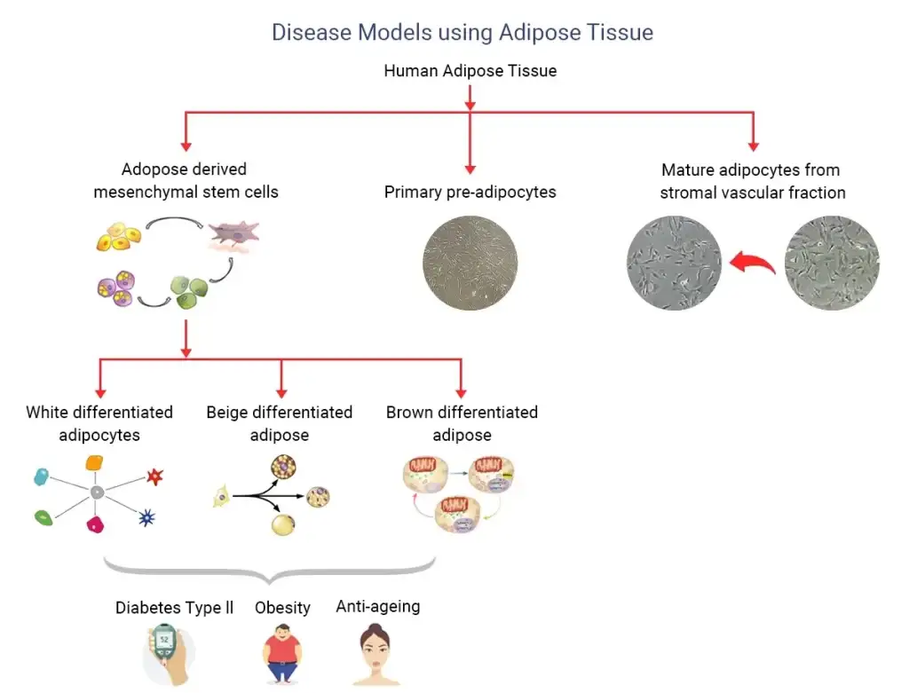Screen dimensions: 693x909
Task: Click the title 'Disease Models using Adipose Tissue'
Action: coord(462,33)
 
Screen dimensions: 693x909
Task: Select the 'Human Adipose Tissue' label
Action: coord(470,70)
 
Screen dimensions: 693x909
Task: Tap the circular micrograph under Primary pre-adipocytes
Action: coord(470,263)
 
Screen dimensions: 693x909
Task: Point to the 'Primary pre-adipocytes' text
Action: coord(470,192)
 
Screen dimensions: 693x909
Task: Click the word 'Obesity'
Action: coord(282,608)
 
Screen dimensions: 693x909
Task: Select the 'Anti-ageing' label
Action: coord(377,607)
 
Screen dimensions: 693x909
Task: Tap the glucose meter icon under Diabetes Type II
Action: coord(165,653)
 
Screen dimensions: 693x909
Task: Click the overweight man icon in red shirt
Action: coord(282,655)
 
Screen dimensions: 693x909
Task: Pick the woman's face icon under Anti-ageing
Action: coord(377,655)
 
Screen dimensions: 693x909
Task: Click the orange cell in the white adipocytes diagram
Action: coord(95,462)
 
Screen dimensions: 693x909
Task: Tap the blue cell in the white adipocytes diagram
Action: coord(42,477)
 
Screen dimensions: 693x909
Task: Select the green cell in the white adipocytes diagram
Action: coord(42,516)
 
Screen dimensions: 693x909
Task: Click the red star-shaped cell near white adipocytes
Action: coord(155,476)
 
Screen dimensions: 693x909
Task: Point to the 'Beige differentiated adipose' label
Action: coord(280,423)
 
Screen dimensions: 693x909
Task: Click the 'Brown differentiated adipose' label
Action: coord(462,423)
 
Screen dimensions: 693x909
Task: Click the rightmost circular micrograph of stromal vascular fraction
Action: coord(832,263)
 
